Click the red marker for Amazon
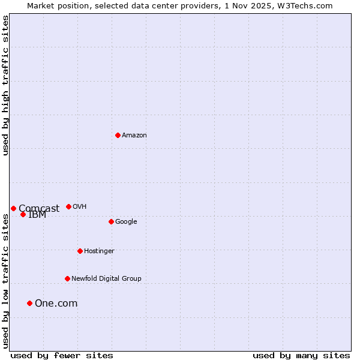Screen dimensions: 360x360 118,135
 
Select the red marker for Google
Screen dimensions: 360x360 111,221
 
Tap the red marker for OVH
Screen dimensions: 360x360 68,206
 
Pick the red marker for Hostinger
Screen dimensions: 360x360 80,251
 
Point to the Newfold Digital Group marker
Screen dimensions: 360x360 67,278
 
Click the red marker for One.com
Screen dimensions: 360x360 29,303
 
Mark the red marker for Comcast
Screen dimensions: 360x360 13,208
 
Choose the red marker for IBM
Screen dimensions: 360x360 23,214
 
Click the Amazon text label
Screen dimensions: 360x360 134,136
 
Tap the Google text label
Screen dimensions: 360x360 126,222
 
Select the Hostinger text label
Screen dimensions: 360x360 99,251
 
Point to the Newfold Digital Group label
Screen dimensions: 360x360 106,279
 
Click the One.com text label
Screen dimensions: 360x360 56,304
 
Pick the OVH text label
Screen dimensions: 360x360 80,207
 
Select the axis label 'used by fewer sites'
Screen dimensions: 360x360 62,355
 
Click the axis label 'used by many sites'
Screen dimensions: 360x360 301,355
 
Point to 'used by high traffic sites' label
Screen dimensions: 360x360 5,85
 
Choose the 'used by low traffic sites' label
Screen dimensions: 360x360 5,281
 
